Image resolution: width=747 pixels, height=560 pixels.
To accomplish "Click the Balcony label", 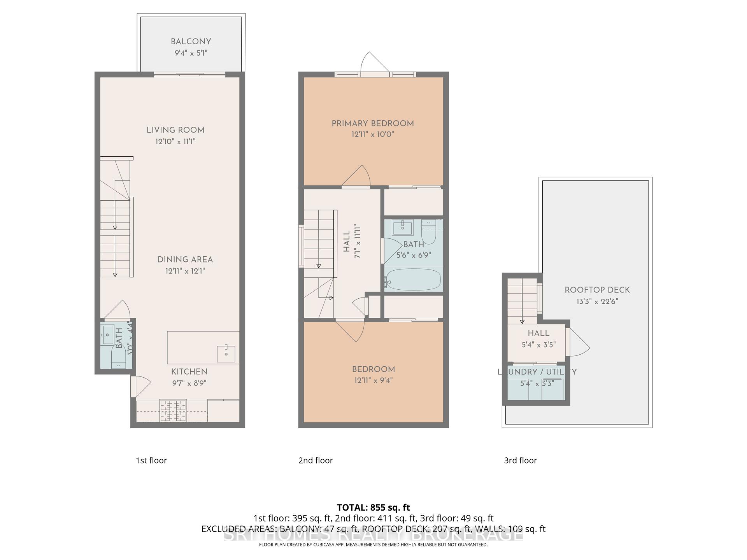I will coord(191,42).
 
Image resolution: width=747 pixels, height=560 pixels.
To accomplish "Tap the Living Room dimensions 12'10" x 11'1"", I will coord(175,142).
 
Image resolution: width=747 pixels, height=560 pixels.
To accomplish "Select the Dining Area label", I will coord(185,259).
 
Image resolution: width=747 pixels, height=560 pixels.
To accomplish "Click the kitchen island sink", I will coord(226,353).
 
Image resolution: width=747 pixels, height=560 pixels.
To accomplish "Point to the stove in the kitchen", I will coord(173,411).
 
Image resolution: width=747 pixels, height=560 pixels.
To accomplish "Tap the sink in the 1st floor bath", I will coord(107,335).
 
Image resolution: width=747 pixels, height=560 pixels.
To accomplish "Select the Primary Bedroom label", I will coord(372,124).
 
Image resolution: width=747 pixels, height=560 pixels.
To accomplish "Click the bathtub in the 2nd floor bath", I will coord(413,279).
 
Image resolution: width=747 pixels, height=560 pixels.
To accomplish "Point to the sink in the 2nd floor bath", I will coord(402,228).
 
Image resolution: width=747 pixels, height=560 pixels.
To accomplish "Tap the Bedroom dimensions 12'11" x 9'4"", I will coord(373,380).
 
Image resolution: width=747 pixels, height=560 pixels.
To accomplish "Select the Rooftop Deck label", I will coord(597,290).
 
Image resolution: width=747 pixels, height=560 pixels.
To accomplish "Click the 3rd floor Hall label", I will coord(538,333).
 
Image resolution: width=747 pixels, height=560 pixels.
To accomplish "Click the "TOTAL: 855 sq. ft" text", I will coord(373,507).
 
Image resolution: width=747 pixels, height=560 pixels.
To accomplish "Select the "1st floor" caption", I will coord(151,460).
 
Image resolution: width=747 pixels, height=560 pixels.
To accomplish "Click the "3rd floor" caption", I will coord(520,460).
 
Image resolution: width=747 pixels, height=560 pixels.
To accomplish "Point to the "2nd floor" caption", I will coord(316,460).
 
